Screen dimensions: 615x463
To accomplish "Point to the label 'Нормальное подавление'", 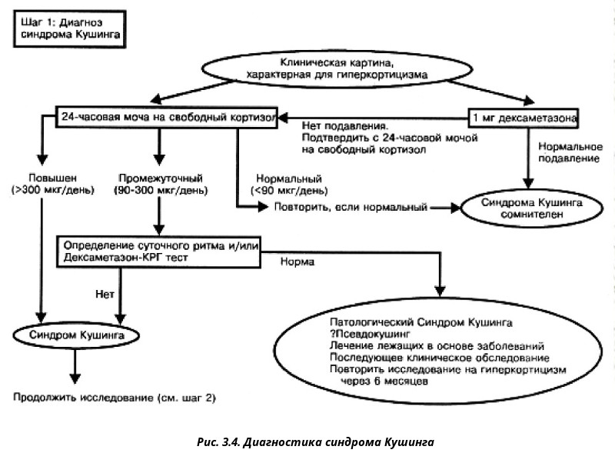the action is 570,152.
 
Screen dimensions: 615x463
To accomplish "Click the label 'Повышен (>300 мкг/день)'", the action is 53,184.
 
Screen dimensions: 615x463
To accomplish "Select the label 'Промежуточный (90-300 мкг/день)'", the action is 161,184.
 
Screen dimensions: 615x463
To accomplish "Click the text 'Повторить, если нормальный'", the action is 351,207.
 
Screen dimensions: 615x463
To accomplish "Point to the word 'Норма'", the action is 298,261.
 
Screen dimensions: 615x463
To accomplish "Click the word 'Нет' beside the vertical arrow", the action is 105,294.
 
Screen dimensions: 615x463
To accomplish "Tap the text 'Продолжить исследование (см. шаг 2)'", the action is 115,398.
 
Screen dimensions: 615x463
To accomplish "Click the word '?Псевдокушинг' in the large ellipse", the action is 370,334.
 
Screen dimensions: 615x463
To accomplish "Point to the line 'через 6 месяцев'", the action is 384,381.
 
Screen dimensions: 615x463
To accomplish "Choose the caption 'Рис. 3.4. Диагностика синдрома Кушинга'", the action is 315,442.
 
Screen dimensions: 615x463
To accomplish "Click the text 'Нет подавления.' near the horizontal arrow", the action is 345,126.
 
